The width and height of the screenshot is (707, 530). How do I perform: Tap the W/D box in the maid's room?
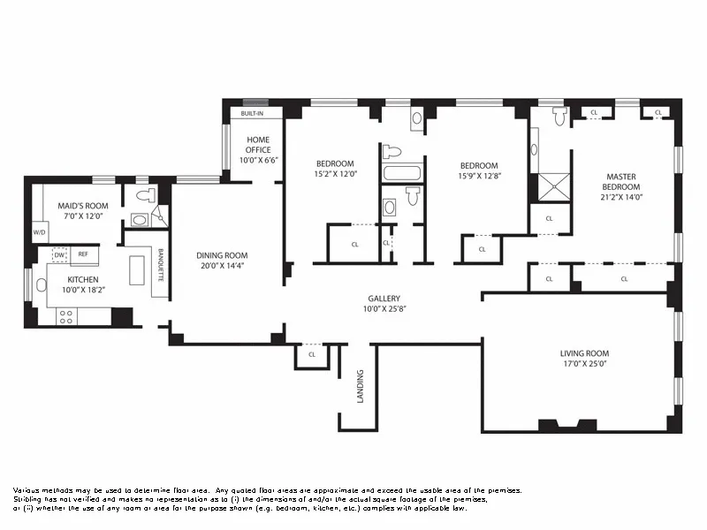pyautogui.click(x=39, y=234)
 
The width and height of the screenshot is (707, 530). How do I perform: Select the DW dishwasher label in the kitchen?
pyautogui.click(x=60, y=254)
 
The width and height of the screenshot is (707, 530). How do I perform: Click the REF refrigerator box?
pyautogui.click(x=83, y=254)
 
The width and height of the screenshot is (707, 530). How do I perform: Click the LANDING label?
pyautogui.click(x=360, y=386)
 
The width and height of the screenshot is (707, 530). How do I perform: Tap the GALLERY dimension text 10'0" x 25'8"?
pyautogui.click(x=384, y=309)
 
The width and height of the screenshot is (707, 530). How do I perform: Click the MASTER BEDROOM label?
pyautogui.click(x=621, y=182)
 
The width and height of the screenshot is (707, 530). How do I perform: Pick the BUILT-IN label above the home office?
pyautogui.click(x=253, y=114)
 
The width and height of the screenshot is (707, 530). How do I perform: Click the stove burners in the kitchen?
pyautogui.click(x=67, y=316)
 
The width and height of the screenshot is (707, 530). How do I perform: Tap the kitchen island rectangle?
pyautogui.click(x=136, y=269)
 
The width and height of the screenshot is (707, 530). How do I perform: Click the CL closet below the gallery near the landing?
pyautogui.click(x=312, y=354)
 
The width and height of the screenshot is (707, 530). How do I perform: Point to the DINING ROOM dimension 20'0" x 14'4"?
pyautogui.click(x=222, y=265)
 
